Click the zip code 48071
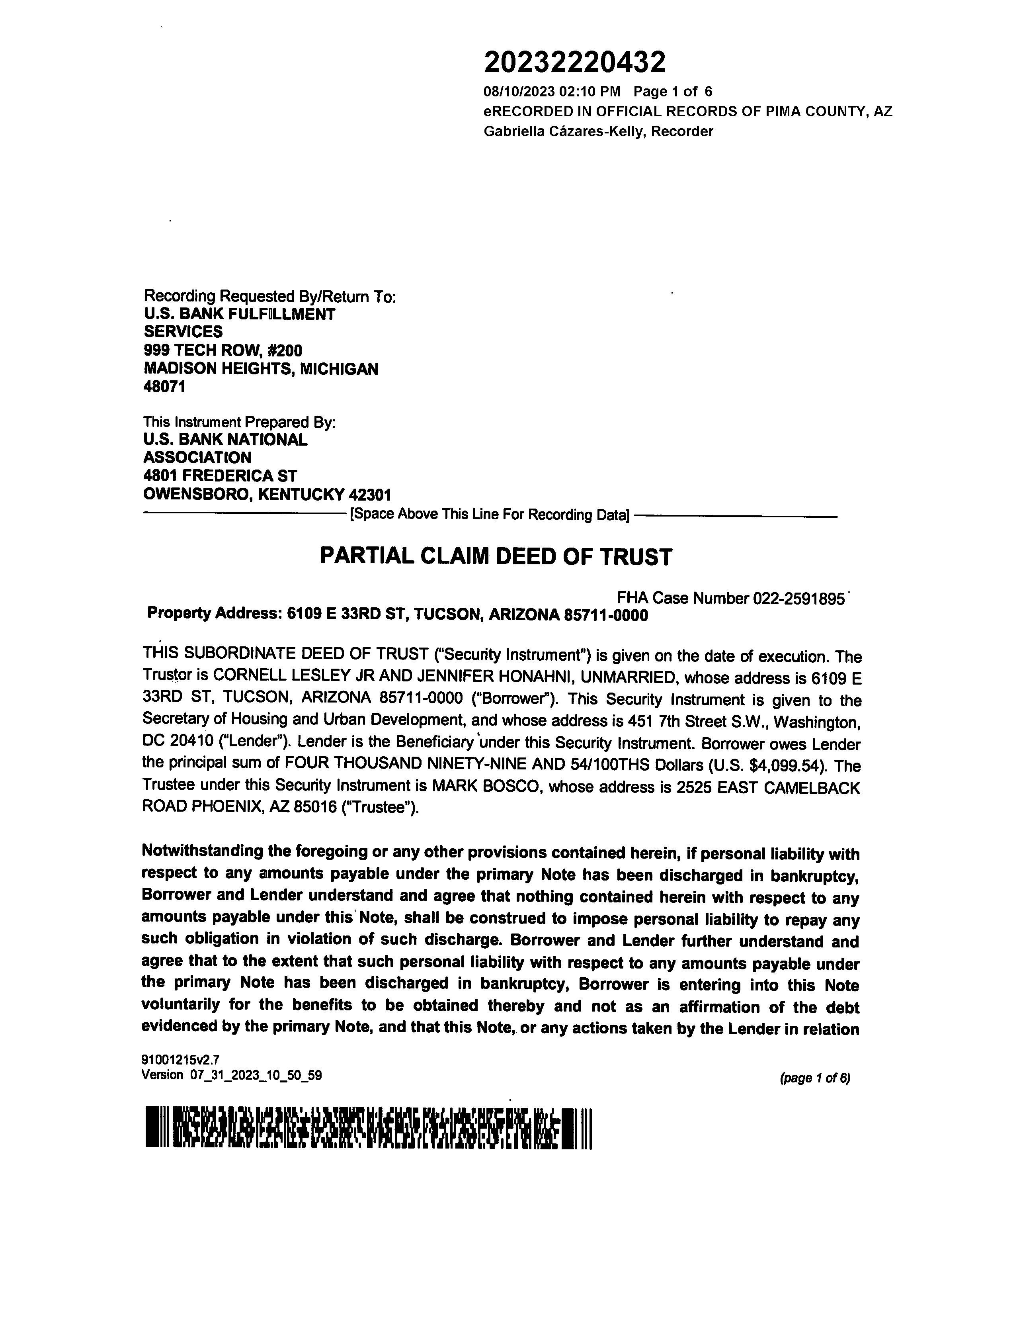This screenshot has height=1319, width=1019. (x=164, y=387)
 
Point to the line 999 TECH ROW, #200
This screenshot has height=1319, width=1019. (x=223, y=350)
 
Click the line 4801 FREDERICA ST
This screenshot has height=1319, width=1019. (x=220, y=476)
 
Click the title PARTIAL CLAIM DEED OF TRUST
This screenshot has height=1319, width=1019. (x=495, y=556)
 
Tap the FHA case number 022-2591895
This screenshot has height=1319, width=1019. (x=798, y=599)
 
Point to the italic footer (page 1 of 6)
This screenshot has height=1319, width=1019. (x=814, y=1078)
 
